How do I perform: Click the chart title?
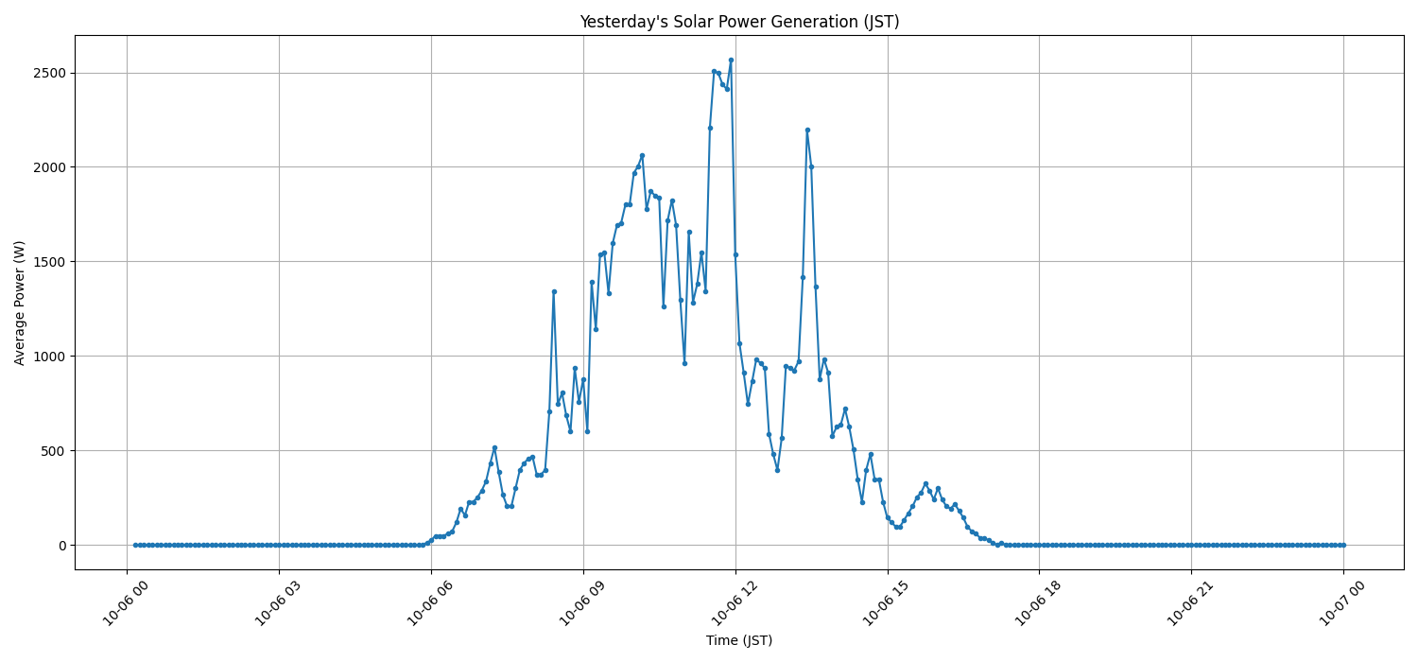coord(739,22)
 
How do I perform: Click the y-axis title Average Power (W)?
coord(20,303)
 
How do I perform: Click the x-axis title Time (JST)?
coord(739,640)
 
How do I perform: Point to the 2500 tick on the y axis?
coord(52,73)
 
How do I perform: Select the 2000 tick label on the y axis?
coord(52,167)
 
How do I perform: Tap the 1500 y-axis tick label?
coord(52,262)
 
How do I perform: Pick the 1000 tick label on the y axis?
coord(52,357)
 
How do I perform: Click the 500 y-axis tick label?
coord(56,451)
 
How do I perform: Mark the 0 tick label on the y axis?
coord(63,546)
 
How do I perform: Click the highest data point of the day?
coord(731,60)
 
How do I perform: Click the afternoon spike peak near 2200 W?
coord(807,130)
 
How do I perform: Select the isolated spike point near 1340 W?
coord(554,291)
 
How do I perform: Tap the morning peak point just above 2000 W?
coord(642,155)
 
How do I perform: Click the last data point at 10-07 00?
coord(1343,545)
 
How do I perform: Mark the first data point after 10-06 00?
coord(135,545)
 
